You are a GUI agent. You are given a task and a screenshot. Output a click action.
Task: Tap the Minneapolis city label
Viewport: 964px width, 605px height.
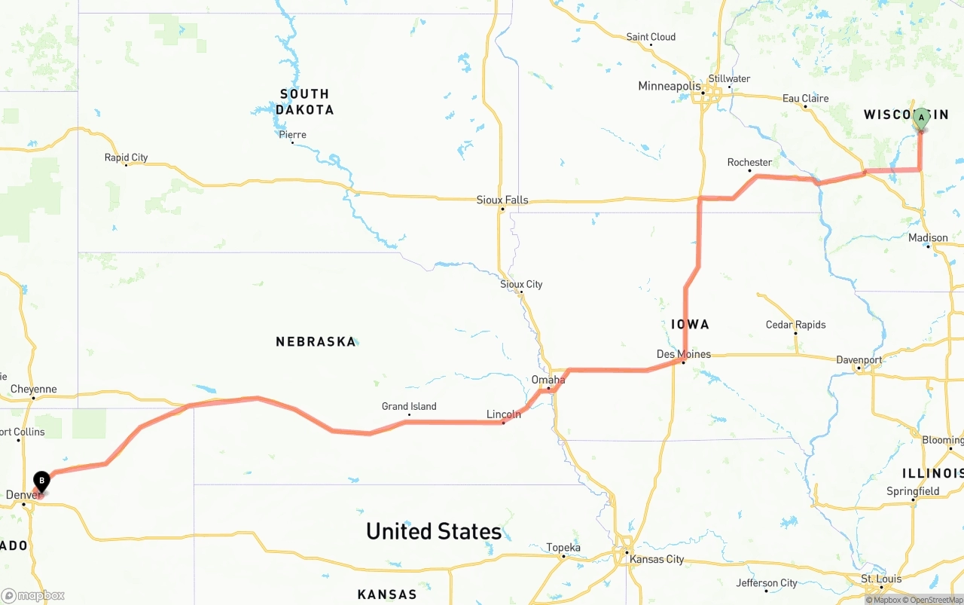click(670, 86)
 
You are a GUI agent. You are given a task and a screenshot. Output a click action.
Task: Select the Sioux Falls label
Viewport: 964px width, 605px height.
click(502, 200)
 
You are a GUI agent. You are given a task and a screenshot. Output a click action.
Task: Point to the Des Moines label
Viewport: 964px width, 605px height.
click(683, 354)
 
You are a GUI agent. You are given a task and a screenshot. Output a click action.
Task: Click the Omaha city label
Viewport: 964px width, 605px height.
click(548, 380)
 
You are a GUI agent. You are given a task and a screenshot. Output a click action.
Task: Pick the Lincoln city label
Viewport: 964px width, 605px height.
click(503, 414)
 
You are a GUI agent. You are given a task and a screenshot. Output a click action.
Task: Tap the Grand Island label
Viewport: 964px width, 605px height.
click(409, 406)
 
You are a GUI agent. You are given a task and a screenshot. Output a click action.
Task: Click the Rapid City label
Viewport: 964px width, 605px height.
click(126, 157)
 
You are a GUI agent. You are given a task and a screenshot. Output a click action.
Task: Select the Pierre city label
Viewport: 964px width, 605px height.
click(292, 135)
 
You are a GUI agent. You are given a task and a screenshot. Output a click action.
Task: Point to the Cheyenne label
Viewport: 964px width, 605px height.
click(33, 390)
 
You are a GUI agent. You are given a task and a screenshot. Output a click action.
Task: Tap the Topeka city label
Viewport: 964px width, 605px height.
click(563, 548)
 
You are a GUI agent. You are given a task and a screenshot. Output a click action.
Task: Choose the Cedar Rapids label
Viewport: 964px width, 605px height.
click(795, 325)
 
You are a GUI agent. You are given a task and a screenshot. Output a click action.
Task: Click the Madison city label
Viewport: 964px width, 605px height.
click(928, 238)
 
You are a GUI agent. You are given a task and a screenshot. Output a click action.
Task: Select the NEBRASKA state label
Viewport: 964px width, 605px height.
click(316, 341)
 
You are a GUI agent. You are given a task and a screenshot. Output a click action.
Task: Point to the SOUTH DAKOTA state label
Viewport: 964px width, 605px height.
click(304, 102)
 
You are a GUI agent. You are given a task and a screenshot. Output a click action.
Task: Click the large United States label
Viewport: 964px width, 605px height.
click(434, 531)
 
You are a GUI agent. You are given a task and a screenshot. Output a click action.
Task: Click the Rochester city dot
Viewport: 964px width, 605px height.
click(750, 171)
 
